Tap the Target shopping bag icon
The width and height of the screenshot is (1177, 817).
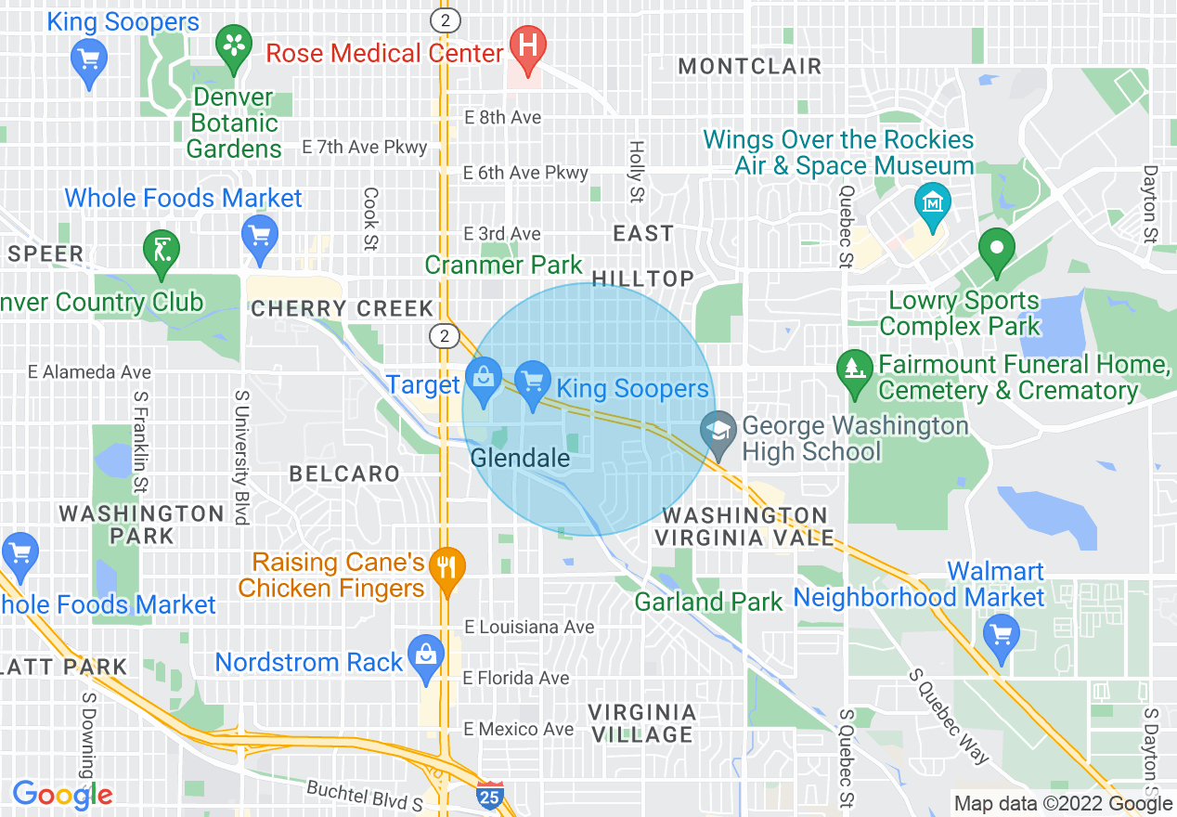tap(483, 380)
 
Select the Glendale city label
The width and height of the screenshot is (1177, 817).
tap(520, 458)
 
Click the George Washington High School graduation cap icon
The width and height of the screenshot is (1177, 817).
tap(718, 432)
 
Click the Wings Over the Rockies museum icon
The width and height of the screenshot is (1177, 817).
tap(929, 201)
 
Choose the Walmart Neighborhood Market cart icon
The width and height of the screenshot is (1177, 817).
tap(1001, 636)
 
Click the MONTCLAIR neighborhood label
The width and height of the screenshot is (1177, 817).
tap(750, 67)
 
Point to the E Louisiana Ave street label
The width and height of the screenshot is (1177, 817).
tap(528, 628)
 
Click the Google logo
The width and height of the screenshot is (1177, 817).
tap(62, 795)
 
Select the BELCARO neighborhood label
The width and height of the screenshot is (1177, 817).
tap(344, 473)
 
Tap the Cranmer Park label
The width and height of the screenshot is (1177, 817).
tap(503, 265)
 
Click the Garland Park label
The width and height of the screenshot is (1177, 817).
tap(708, 602)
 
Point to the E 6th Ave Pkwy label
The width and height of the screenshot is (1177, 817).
tap(525, 173)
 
